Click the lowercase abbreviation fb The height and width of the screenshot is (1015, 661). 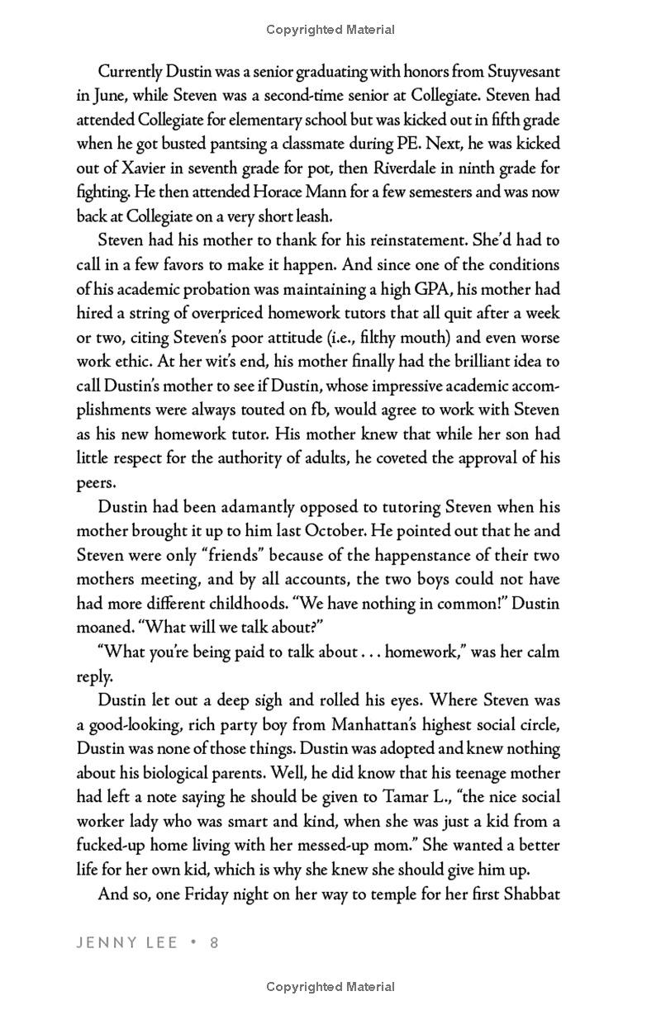click(350, 410)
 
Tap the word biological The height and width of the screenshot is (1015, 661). click(163, 773)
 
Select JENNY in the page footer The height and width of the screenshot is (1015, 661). click(104, 942)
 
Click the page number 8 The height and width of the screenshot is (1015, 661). click(213, 942)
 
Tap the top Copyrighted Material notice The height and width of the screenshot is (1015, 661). click(330, 30)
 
